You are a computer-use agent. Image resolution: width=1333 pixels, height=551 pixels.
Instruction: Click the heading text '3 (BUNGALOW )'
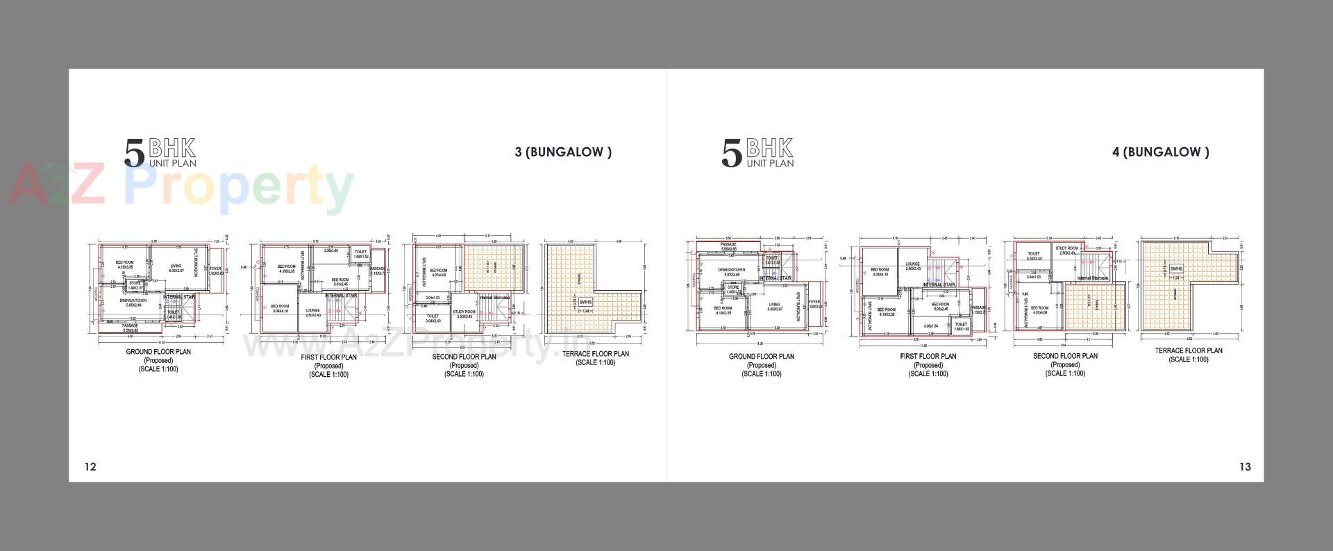pyautogui.click(x=563, y=152)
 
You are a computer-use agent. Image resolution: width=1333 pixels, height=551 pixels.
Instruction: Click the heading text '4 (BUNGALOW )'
pyautogui.click(x=1160, y=152)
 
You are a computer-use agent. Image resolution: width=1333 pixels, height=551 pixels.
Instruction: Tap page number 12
pyautogui.click(x=90, y=466)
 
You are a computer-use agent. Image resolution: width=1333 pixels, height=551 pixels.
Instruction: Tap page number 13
pyautogui.click(x=1245, y=466)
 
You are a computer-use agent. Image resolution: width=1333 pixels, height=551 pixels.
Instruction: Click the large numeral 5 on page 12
pyautogui.click(x=134, y=153)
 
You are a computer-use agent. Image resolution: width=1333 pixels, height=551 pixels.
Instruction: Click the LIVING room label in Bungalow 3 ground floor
pyautogui.click(x=176, y=268)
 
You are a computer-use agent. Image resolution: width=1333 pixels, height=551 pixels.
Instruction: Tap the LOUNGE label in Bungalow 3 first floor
pyautogui.click(x=312, y=313)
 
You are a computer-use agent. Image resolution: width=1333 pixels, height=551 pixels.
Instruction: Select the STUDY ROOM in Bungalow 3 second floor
pyautogui.click(x=464, y=314)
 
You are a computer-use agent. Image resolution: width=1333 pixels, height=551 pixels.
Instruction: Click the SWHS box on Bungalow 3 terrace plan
pyautogui.click(x=585, y=302)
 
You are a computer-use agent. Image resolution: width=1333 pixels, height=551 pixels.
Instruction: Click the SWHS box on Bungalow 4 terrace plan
pyautogui.click(x=1176, y=269)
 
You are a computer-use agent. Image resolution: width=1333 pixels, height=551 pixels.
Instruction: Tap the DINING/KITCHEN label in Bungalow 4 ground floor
pyautogui.click(x=732, y=271)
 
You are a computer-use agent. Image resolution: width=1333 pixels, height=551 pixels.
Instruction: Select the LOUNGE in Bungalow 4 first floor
pyautogui.click(x=913, y=266)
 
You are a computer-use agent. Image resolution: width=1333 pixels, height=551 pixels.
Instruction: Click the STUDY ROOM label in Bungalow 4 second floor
pyautogui.click(x=1066, y=250)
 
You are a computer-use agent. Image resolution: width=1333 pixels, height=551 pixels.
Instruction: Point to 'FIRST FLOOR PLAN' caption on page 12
pyautogui.click(x=329, y=357)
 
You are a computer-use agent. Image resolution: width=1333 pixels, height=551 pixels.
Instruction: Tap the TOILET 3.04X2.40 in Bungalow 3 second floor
pyautogui.click(x=433, y=319)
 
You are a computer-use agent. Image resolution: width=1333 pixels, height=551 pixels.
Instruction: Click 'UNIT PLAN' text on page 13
pyautogui.click(x=770, y=164)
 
